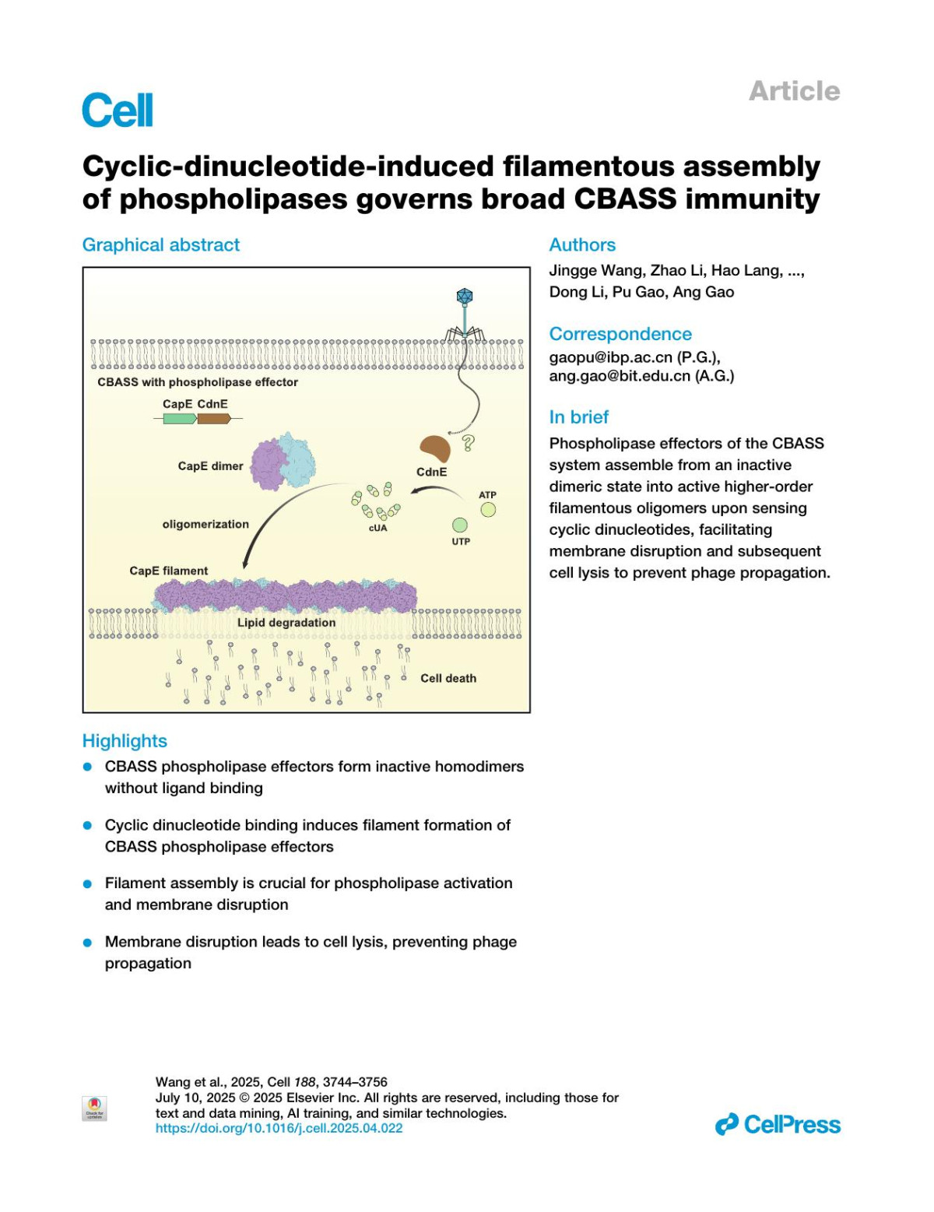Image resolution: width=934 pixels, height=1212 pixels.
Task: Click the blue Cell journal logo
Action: coord(118,111)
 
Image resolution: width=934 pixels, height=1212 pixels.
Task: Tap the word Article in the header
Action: coord(794,91)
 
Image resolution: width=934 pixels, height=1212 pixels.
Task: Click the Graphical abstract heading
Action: coord(161,244)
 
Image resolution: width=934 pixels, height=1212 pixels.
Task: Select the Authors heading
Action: coord(582,244)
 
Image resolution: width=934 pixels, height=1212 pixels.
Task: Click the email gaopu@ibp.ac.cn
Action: coord(611,357)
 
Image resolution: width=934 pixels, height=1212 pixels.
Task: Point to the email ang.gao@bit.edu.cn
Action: coord(620,376)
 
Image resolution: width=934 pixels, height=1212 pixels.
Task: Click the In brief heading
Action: coord(579,417)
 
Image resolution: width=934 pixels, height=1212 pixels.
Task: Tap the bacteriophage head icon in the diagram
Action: coord(465,297)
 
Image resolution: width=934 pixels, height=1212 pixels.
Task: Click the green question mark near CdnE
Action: coord(468,444)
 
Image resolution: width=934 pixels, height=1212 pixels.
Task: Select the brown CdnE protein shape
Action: coord(434,450)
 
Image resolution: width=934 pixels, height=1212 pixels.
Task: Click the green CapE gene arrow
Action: coord(180,419)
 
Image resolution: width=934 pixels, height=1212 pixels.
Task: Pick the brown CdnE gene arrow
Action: coord(214,419)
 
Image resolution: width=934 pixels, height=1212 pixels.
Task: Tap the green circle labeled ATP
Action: coord(488,510)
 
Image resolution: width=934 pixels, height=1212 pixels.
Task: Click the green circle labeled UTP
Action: coord(460,525)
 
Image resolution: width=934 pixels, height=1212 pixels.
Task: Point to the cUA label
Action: coord(377,529)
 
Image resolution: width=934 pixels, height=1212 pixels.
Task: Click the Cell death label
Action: coord(448,678)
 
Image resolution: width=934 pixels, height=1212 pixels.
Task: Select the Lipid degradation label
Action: coord(286,623)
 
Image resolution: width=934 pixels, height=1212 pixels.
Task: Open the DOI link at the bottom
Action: coord(279,1128)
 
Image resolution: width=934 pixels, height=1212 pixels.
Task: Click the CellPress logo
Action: coord(778,1125)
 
